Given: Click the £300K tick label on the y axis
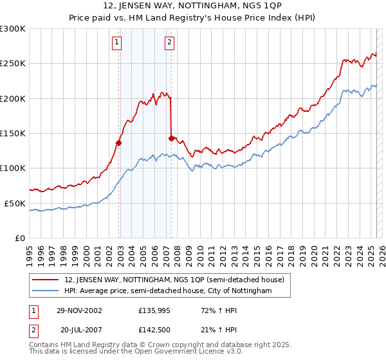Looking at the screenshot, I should coord(12,29).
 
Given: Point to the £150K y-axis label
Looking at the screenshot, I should coord(12,133).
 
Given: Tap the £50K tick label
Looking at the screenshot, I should coord(15,203).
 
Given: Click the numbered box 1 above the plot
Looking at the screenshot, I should coord(117,43).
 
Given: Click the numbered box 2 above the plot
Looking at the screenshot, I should coord(169,43).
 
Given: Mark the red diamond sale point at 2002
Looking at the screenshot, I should coord(119,143).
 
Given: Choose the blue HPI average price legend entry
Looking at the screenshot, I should coord(168,291).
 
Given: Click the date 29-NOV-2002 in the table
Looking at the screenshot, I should coord(80,310).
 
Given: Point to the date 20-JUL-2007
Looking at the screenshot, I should coord(82,329).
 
